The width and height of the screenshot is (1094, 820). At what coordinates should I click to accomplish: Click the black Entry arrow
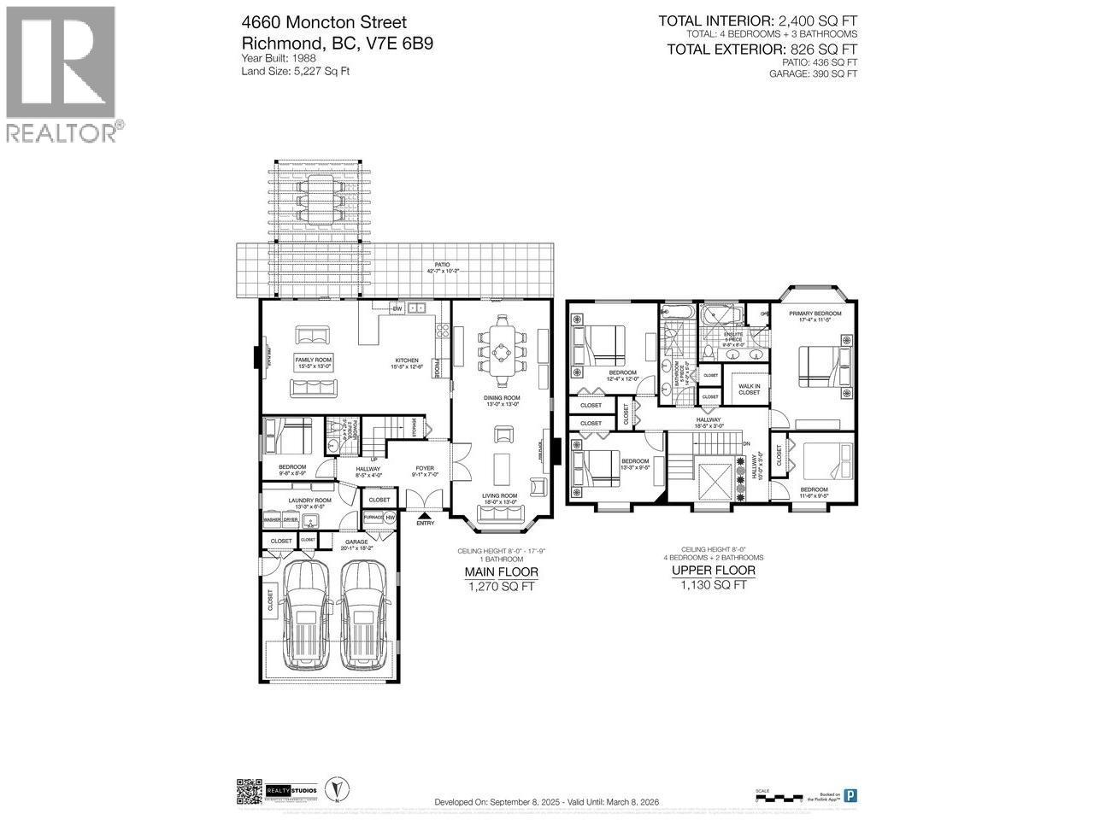pos(425,514)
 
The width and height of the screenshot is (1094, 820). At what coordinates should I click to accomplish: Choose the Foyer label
pos(425,468)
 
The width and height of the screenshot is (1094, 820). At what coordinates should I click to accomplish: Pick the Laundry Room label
pos(310,501)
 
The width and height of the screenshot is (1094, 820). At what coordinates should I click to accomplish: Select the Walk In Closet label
pos(750,389)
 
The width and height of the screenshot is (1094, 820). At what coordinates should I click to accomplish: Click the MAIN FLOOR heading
pos(501,571)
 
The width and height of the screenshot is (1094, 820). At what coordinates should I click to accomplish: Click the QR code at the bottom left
pos(248,792)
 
